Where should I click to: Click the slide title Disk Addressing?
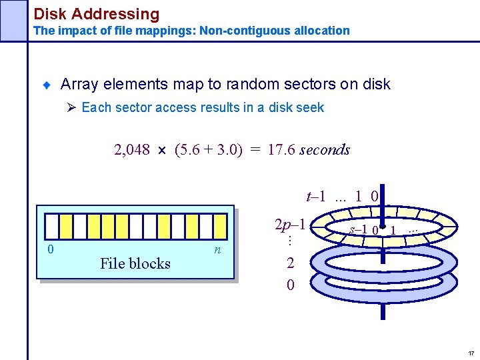pyautogui.click(x=97, y=13)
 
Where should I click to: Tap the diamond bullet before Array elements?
pyautogui.click(x=47, y=85)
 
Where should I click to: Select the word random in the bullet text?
pyautogui.click(x=252, y=85)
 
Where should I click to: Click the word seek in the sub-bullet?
pyautogui.click(x=310, y=108)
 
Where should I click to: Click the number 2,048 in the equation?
pyautogui.click(x=132, y=150)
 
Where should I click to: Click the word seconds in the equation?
pyautogui.click(x=325, y=150)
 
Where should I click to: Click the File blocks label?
pyautogui.click(x=135, y=264)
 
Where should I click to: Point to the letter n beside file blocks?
pyautogui.click(x=217, y=250)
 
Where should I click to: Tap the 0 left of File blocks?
pyautogui.click(x=50, y=249)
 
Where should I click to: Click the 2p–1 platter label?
pyautogui.click(x=291, y=225)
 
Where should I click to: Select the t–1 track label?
pyautogui.click(x=315, y=196)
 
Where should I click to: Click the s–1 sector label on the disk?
pyautogui.click(x=359, y=230)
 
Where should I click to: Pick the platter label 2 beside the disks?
pyautogui.click(x=290, y=263)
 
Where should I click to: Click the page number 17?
pyautogui.click(x=471, y=353)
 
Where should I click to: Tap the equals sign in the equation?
pyautogui.click(x=255, y=150)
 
